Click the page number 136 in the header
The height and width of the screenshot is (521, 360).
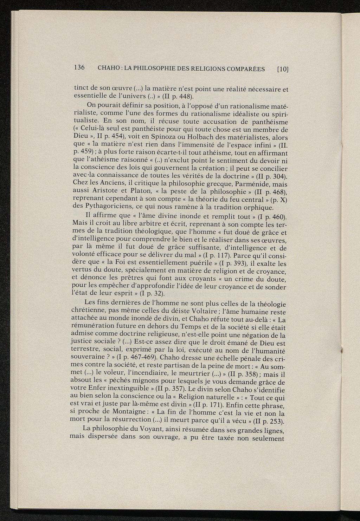click(79, 67)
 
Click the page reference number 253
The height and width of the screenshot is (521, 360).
click(274, 422)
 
